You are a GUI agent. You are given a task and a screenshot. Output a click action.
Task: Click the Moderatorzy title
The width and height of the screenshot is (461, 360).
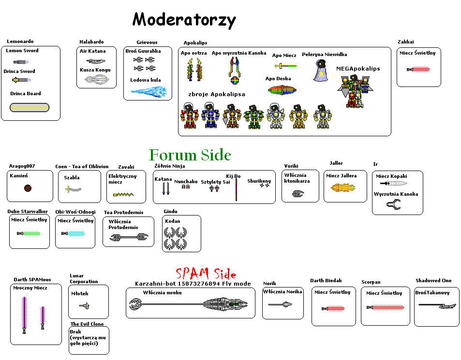tap(184, 20)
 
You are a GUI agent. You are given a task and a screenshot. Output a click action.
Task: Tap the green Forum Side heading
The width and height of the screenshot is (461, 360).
tap(190, 155)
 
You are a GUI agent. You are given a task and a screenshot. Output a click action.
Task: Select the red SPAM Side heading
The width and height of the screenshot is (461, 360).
tap(206, 274)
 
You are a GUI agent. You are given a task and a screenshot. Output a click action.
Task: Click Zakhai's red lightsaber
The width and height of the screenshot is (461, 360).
tap(418, 70)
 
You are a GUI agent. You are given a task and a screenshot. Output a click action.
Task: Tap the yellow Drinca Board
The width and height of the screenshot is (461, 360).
tap(30, 108)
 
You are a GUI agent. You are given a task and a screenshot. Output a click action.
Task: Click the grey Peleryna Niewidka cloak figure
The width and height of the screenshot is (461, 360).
tap(320, 71)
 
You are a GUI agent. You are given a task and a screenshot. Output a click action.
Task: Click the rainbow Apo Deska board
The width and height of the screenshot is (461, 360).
tap(285, 90)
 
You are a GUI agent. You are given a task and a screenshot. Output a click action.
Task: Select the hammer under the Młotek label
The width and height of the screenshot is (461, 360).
tap(85, 305)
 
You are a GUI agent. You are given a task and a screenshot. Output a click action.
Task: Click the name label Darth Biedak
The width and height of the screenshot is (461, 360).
tap(326, 281)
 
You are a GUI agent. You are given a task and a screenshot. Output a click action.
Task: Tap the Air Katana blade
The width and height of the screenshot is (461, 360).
tap(96, 61)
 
